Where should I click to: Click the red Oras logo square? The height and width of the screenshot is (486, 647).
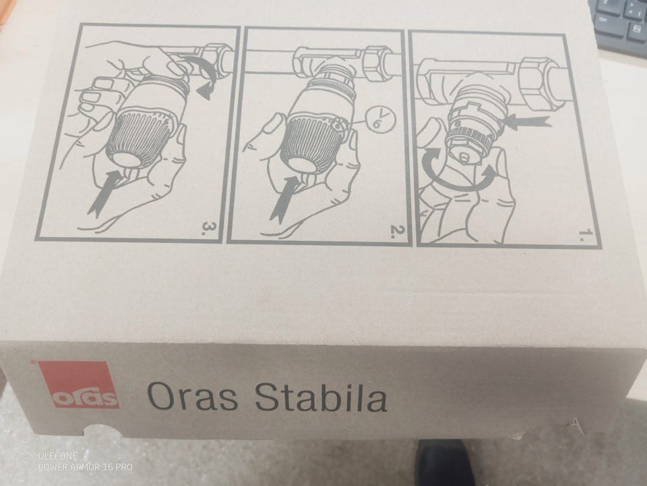(x=78, y=384)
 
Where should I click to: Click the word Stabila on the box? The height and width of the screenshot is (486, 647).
(x=321, y=397)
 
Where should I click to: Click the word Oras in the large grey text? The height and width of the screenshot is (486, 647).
(x=192, y=396)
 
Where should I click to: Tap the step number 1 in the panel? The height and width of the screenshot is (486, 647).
(x=585, y=235)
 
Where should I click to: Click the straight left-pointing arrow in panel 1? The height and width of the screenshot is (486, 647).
(x=528, y=122)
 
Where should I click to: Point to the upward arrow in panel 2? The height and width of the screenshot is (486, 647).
(x=286, y=198)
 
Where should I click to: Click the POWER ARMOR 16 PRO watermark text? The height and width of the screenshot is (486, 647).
(x=86, y=467)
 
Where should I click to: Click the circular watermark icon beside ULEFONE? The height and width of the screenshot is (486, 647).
(x=26, y=462)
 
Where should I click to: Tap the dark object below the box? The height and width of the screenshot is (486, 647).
(x=443, y=463)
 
